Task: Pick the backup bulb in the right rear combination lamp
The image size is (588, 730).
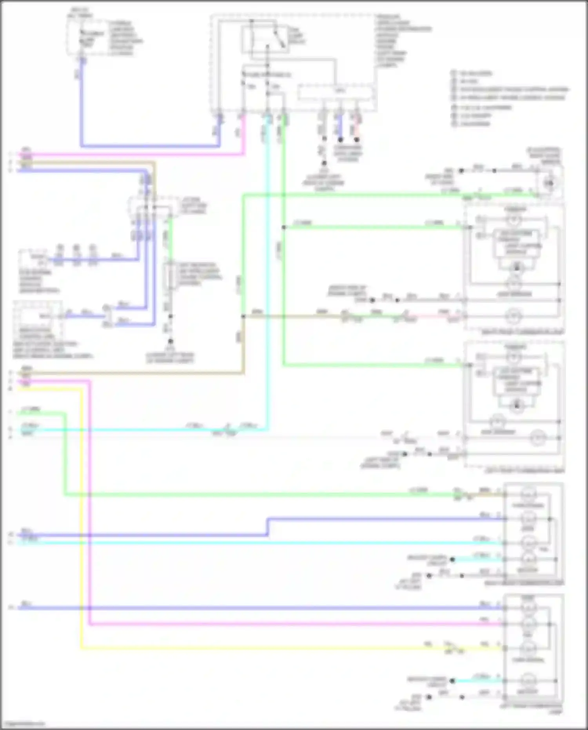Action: pos(528,559)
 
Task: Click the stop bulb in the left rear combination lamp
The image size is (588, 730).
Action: pos(528,608)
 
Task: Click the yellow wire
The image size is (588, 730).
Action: pos(82,510)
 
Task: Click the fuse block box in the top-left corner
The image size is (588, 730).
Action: pos(89,37)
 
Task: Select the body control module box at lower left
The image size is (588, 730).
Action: pos(37,318)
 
